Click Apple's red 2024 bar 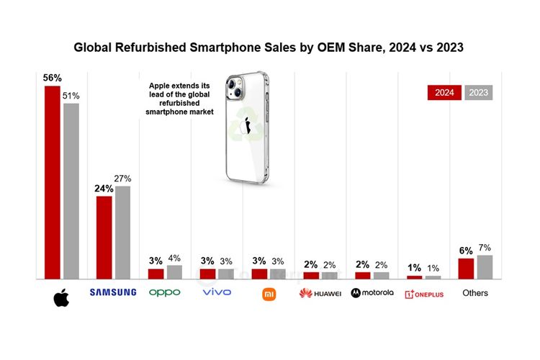tap(52, 181)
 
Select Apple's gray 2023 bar tap(71, 190)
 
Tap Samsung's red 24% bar tap(104, 237)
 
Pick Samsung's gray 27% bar tap(122, 232)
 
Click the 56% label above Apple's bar tap(52, 77)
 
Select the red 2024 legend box tap(444, 93)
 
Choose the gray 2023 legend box tap(477, 93)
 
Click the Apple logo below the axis tap(61, 297)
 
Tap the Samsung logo tap(112, 292)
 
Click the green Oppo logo tap(164, 292)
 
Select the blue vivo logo tap(216, 292)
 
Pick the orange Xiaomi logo tap(268, 293)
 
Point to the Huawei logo tap(320, 293)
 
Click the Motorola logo tap(372, 293)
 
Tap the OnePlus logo tap(424, 294)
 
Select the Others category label tap(475, 293)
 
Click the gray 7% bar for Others tap(485, 266)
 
